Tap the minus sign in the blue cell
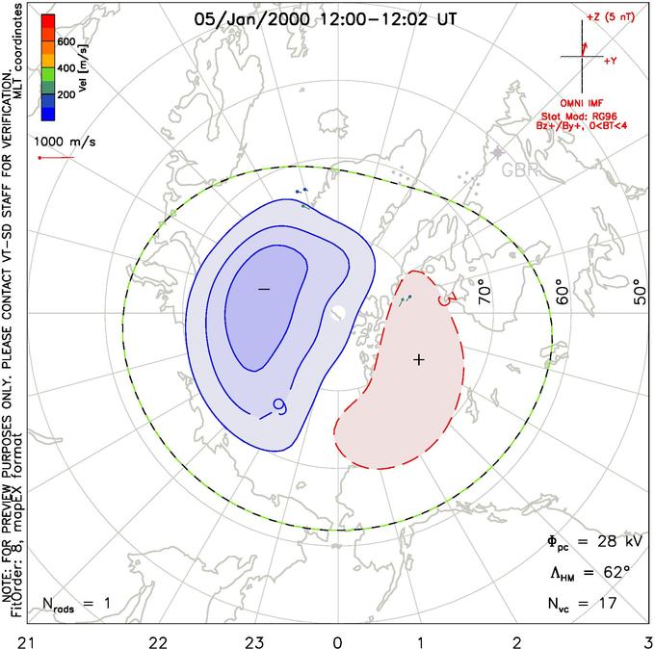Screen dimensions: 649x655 (x=264, y=289)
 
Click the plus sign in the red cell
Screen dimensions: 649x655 (x=418, y=359)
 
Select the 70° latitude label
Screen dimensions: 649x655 (x=484, y=286)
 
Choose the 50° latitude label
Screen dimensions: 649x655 (x=635, y=286)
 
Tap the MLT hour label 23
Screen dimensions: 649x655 (x=254, y=638)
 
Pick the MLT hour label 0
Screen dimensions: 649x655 (x=337, y=638)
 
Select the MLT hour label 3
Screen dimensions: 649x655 (x=647, y=638)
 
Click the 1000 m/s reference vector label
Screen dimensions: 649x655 (x=60, y=141)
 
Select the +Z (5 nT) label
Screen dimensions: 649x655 (x=612, y=18)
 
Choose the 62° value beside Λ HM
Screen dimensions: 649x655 (x=602, y=573)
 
